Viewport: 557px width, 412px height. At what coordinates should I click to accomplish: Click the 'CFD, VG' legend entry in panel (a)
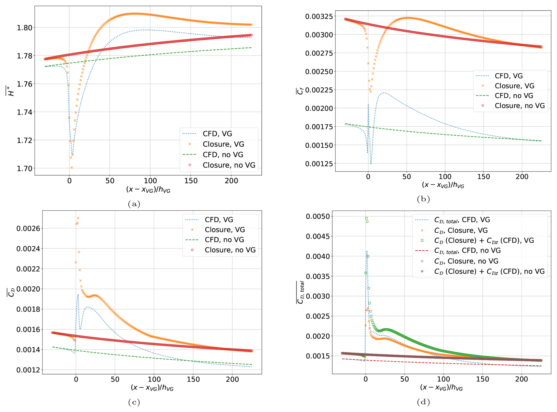[x=217, y=134]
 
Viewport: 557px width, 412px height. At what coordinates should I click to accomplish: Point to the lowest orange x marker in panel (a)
[x=72, y=168]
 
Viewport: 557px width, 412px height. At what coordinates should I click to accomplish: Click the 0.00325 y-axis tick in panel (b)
[x=319, y=16]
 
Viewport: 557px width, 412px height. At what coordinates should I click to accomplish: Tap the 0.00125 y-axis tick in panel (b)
[x=319, y=164]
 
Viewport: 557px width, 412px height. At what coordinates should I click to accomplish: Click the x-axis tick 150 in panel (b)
[x=483, y=177]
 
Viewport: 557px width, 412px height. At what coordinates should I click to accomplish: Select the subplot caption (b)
[x=423, y=199]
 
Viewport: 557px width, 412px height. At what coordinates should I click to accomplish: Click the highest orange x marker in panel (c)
[x=78, y=218]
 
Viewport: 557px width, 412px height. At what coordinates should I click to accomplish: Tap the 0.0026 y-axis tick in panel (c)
[x=28, y=229]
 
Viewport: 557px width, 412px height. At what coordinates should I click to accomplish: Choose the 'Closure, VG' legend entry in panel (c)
[x=225, y=230]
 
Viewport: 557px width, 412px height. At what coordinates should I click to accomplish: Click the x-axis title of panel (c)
[x=152, y=388]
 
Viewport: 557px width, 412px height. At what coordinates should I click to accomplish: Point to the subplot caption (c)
[x=134, y=402]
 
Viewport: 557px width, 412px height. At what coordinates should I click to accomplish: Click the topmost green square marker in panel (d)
[x=367, y=219]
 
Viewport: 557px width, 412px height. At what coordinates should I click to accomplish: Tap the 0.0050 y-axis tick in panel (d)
[x=317, y=217]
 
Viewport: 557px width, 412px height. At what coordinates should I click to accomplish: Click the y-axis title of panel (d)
[x=300, y=292]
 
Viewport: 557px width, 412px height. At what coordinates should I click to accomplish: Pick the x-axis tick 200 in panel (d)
[x=521, y=379]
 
